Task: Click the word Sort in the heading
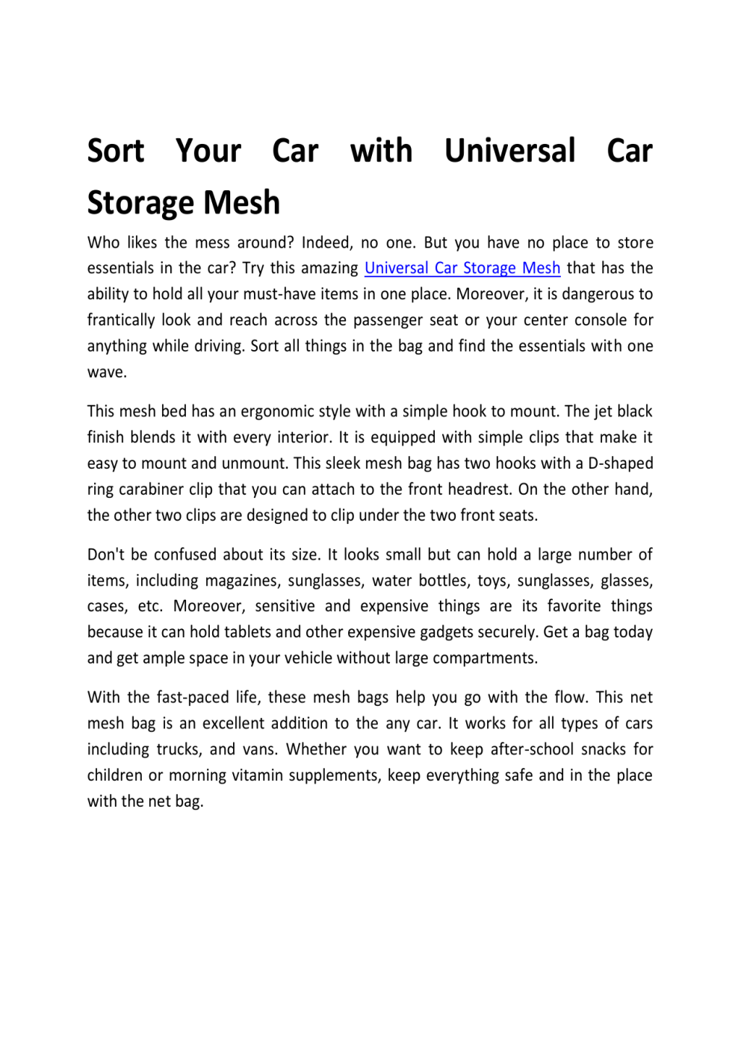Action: click(115, 151)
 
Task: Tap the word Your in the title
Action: click(208, 151)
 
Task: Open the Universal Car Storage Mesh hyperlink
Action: click(462, 269)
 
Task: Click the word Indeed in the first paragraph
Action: click(325, 243)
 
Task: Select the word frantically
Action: click(120, 320)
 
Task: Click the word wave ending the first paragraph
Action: click(105, 372)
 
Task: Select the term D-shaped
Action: click(620, 463)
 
